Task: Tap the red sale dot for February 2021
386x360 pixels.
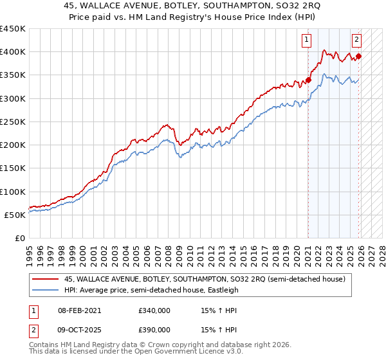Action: click(x=308, y=80)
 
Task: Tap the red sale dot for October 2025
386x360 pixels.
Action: click(x=359, y=56)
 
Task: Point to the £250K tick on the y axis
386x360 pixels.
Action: click(x=13, y=122)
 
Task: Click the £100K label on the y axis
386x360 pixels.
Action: click(x=13, y=192)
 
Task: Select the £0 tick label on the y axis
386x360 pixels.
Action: click(x=19, y=238)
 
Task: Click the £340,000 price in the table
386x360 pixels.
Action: click(x=154, y=310)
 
